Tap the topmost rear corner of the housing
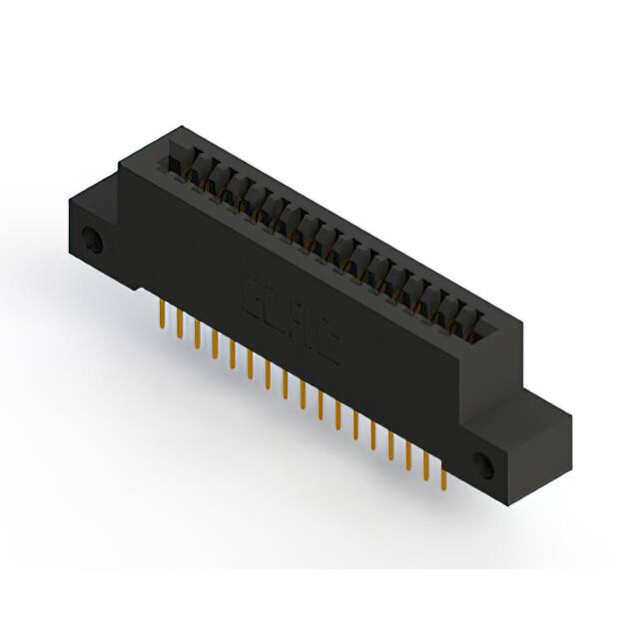click(180, 127)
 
